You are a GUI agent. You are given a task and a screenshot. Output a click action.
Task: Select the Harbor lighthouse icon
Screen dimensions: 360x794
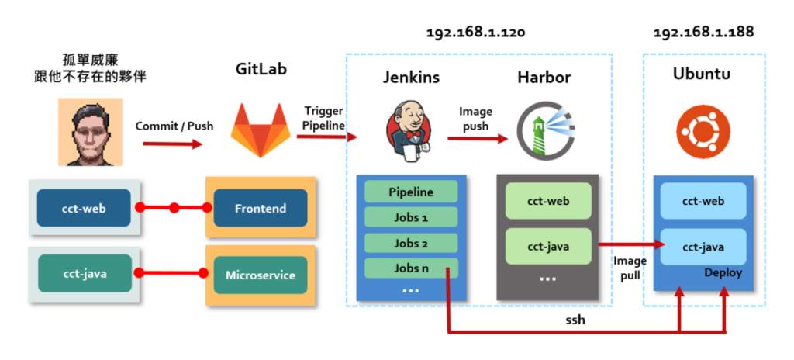tap(541, 131)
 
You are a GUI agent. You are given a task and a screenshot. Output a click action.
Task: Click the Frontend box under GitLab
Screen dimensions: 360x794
tap(261, 209)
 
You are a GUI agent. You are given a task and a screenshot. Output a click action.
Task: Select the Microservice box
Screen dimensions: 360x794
tap(261, 275)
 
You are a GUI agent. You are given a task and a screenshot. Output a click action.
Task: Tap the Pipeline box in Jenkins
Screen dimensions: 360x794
tap(411, 192)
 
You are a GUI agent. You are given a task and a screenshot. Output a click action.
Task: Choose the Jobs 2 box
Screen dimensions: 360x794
tap(411, 244)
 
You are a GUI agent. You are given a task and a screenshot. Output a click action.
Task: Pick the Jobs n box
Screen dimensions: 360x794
tap(411, 268)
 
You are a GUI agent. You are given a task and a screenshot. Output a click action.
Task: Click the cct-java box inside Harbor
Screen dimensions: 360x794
tap(548, 247)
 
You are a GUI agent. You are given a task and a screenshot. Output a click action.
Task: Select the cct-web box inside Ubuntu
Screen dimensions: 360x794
tap(703, 201)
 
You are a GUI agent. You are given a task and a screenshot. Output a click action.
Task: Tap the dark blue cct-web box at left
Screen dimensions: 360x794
tap(84, 209)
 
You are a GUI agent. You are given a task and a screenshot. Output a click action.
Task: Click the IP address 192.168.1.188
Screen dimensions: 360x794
tap(703, 33)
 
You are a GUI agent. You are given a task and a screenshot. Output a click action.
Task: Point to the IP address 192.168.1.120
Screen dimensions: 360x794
tap(476, 33)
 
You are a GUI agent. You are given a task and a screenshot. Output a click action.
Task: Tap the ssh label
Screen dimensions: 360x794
tap(575, 320)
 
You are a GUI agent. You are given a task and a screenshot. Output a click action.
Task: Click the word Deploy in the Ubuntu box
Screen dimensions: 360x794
tap(723, 273)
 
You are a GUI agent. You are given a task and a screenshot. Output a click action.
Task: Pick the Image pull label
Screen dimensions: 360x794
tap(630, 268)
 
